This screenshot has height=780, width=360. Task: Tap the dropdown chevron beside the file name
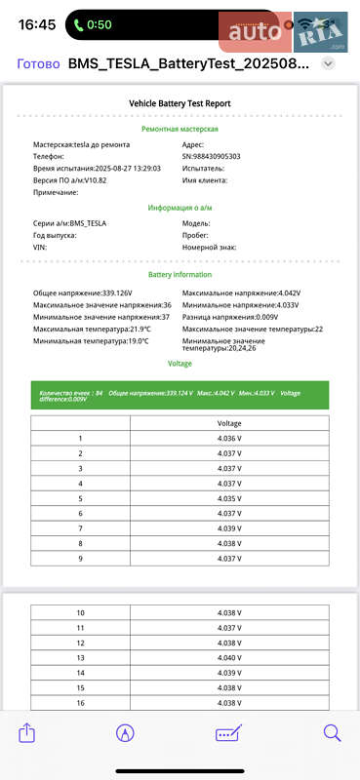[329, 63]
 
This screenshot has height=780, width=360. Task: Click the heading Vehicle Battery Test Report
[180, 102]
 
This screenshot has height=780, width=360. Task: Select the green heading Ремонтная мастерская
[180, 129]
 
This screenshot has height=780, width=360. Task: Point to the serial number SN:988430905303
[224, 156]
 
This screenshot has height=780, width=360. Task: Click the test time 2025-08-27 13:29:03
[83, 168]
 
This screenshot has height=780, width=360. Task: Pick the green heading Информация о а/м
[180, 208]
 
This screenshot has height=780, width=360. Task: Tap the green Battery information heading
[180, 275]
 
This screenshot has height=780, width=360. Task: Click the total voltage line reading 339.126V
[83, 292]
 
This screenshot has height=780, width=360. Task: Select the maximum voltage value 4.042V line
[241, 292]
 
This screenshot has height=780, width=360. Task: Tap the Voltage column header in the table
[229, 423]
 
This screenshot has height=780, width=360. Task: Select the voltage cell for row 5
[229, 498]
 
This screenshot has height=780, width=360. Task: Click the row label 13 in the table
[80, 658]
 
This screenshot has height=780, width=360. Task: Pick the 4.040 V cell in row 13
[229, 658]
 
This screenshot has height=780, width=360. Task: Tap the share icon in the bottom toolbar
[27, 733]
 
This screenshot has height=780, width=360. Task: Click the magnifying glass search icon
[332, 733]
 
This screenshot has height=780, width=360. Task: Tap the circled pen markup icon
[125, 733]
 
